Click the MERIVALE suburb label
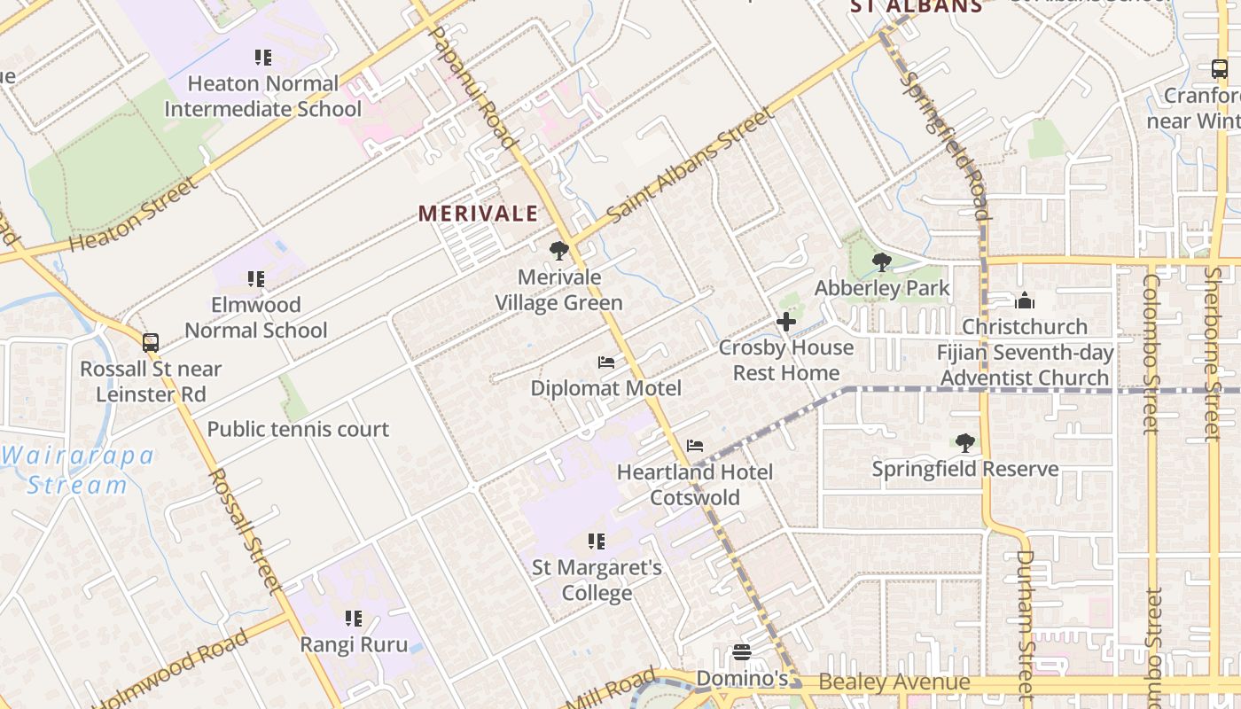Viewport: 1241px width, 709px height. coord(478,214)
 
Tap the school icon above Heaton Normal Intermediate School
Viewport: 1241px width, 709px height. coord(262,58)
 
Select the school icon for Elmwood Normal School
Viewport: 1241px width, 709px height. coord(256,279)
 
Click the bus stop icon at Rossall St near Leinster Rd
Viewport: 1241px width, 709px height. coord(151,342)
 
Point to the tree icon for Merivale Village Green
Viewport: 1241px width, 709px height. coord(558,251)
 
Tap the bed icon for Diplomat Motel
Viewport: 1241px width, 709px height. coord(606,362)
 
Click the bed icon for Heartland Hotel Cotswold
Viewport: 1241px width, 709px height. coord(695,446)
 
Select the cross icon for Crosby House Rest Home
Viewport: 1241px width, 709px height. coord(785,322)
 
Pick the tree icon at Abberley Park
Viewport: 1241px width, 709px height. coord(881,261)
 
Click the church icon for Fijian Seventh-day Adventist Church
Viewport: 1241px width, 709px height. coord(1025,300)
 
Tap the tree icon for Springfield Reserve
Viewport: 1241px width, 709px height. coord(965,442)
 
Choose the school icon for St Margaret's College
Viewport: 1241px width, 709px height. coord(597,541)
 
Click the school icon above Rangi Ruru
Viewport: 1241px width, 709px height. coord(354,618)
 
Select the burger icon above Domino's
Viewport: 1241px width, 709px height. coord(742,652)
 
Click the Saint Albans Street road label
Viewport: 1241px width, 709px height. coord(679,166)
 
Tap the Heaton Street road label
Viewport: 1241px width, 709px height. coord(134,214)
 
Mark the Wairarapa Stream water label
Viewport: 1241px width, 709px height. coord(77,471)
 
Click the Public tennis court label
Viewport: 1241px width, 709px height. coord(298,430)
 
